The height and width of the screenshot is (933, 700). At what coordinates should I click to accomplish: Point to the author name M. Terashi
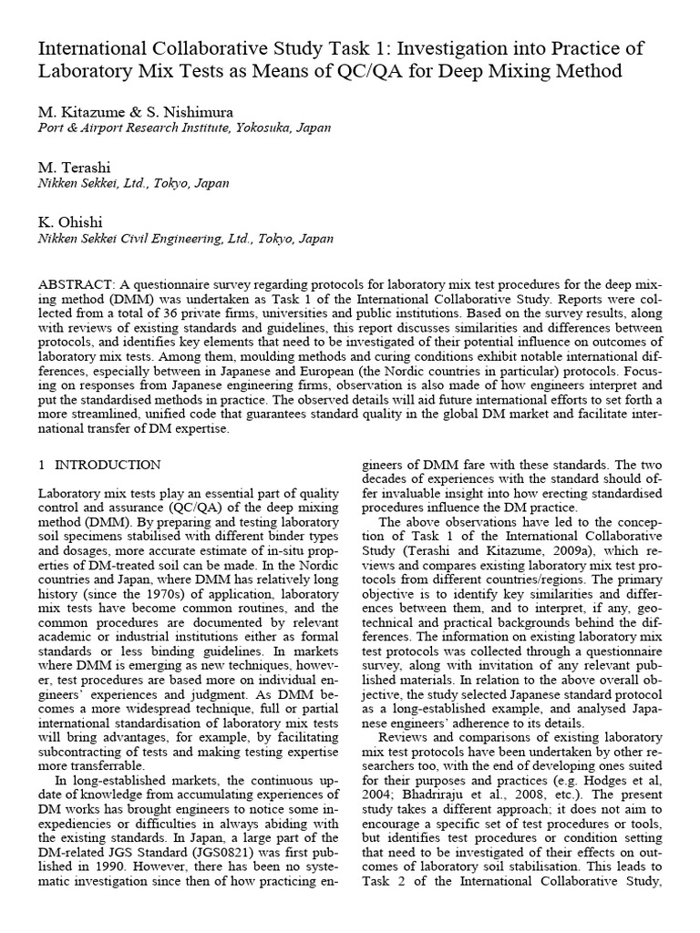tap(70, 167)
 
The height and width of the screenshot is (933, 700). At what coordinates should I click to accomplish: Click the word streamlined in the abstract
tap(112, 415)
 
